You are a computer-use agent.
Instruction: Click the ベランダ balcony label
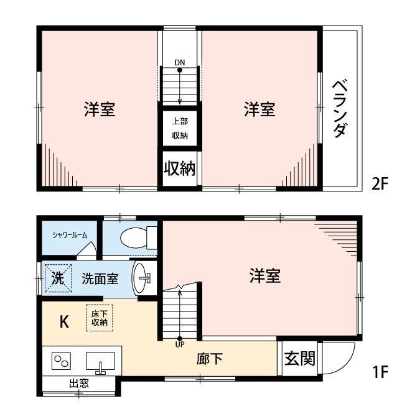tap(340, 109)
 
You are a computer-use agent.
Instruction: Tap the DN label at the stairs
tap(179, 63)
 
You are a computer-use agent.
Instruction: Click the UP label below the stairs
tap(180, 344)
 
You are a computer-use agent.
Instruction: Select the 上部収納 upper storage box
tap(180, 128)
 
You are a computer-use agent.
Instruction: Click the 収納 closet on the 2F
tap(180, 168)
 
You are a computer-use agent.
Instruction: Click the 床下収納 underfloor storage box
tap(100, 318)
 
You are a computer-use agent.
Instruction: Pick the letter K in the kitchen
tap(63, 321)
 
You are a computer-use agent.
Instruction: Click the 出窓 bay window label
tap(78, 384)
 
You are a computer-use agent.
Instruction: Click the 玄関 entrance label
tap(299, 359)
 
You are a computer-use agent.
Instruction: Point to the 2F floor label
tap(380, 184)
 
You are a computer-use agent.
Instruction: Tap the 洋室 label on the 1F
tap(265, 276)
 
